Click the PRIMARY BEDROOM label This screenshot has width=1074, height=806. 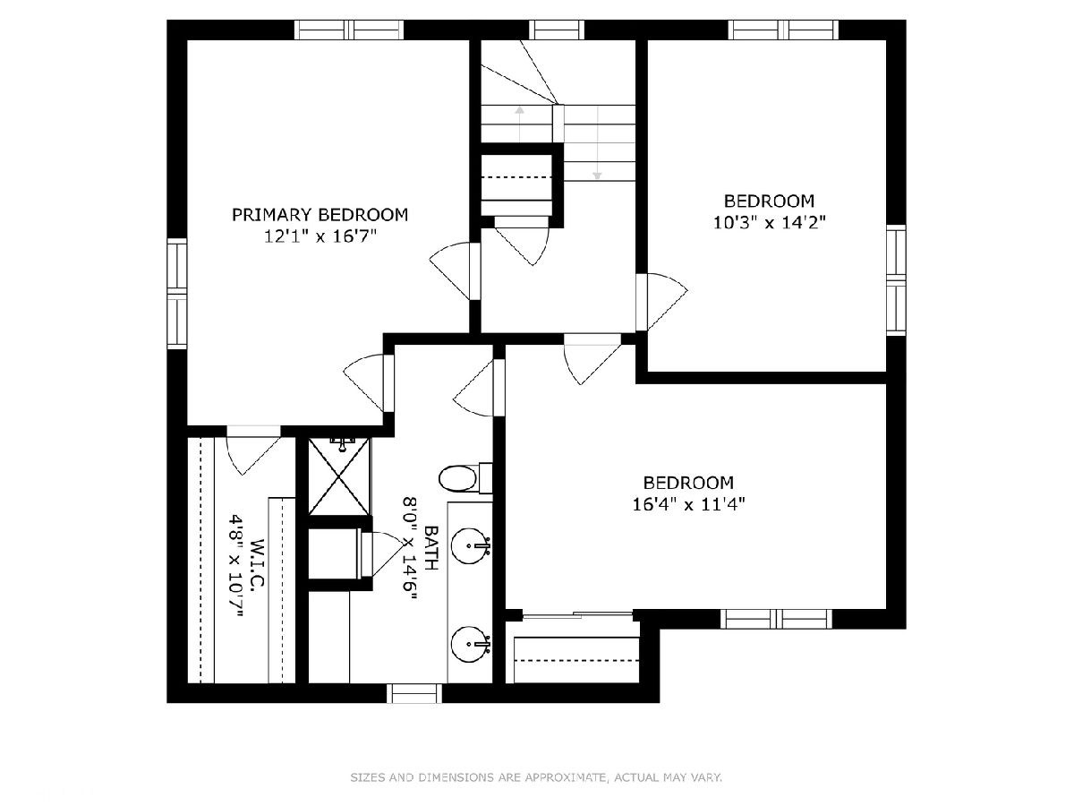coord(320,215)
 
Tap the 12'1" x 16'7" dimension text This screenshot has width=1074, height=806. coord(320,236)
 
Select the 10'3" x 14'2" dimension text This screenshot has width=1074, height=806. coord(769,223)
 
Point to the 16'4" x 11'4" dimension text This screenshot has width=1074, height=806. coord(688,504)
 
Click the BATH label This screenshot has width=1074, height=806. coord(431,547)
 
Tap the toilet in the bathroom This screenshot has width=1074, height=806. coord(465,478)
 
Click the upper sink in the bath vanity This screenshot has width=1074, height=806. coord(470,545)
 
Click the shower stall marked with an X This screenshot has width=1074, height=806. coord(339,476)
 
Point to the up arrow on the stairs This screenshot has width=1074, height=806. coord(520,124)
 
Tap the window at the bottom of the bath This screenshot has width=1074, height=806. coord(414,693)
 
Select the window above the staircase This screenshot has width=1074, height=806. coord(558,30)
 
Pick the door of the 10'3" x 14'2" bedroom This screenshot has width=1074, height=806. coord(661,302)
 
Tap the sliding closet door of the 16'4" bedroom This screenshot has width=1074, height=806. coord(577,615)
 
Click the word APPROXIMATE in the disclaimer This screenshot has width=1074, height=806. coord(561,776)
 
